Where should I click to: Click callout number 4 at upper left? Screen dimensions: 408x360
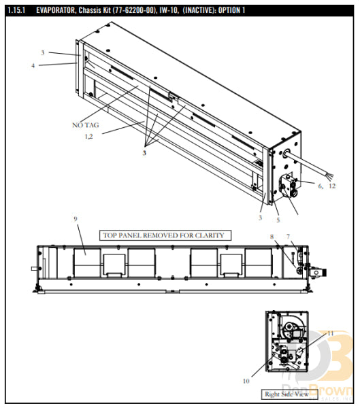[x=33, y=65]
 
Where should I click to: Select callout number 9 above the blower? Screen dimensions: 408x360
[x=76, y=219]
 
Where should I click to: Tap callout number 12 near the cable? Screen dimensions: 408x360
[x=332, y=186]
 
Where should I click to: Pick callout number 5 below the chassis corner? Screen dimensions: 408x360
[x=278, y=220]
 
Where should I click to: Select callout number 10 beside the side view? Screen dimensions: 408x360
[x=246, y=381]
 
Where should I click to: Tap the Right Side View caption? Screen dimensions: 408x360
[x=286, y=394]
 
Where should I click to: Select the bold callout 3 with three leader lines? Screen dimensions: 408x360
[x=144, y=154]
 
